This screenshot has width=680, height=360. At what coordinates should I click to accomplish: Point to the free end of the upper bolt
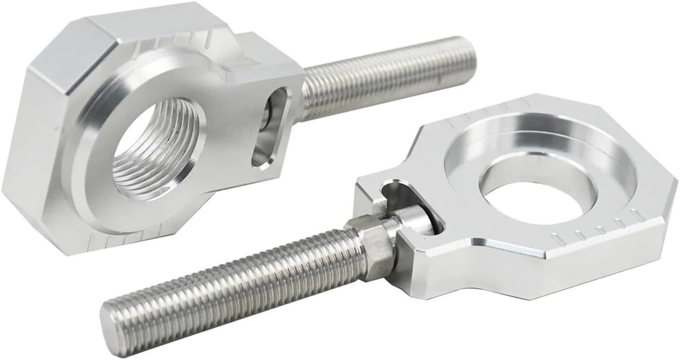click(468, 57)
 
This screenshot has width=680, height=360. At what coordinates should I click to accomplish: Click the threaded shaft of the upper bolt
click(383, 76)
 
